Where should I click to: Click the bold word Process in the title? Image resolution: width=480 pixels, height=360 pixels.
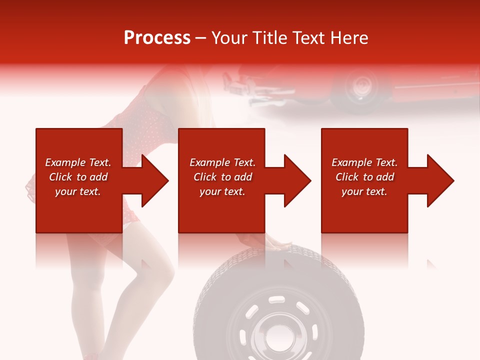point(157,38)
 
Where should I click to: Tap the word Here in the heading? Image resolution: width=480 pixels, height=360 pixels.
point(348,38)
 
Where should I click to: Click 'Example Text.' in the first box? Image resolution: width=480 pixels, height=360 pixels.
point(78,162)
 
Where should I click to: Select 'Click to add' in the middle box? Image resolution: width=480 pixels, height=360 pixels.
point(222,177)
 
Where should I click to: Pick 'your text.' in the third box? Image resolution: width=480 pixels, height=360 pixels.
point(364,191)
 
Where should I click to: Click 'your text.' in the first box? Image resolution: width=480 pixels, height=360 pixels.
point(78,191)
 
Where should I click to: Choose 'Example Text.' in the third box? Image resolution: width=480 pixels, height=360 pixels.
point(364,162)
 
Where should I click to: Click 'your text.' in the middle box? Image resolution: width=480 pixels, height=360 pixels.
point(222,191)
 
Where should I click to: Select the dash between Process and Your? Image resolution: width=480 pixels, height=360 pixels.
point(201,38)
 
